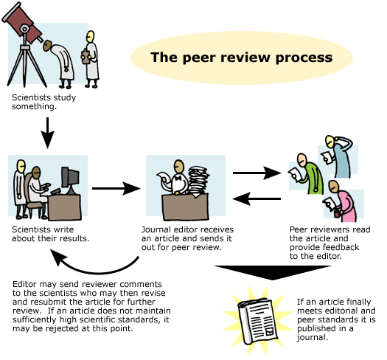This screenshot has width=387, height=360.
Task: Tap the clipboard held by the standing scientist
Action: click(86, 56)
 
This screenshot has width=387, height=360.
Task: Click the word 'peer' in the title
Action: click(200, 58)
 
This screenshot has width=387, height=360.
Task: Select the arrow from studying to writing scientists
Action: click(47, 133)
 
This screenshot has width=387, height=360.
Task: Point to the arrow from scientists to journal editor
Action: click(116, 189)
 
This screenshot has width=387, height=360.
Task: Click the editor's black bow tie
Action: click(178, 178)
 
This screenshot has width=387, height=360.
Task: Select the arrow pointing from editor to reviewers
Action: click(257, 173)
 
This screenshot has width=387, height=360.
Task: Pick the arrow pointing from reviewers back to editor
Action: click(257, 198)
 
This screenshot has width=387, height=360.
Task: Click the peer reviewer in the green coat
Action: click(307, 173)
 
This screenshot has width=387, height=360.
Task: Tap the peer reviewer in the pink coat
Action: click(341, 201)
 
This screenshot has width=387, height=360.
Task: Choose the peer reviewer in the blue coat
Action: click(338, 156)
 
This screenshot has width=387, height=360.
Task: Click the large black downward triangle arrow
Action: click(273, 272)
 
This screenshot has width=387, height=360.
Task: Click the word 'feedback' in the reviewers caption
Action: click(342, 247)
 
